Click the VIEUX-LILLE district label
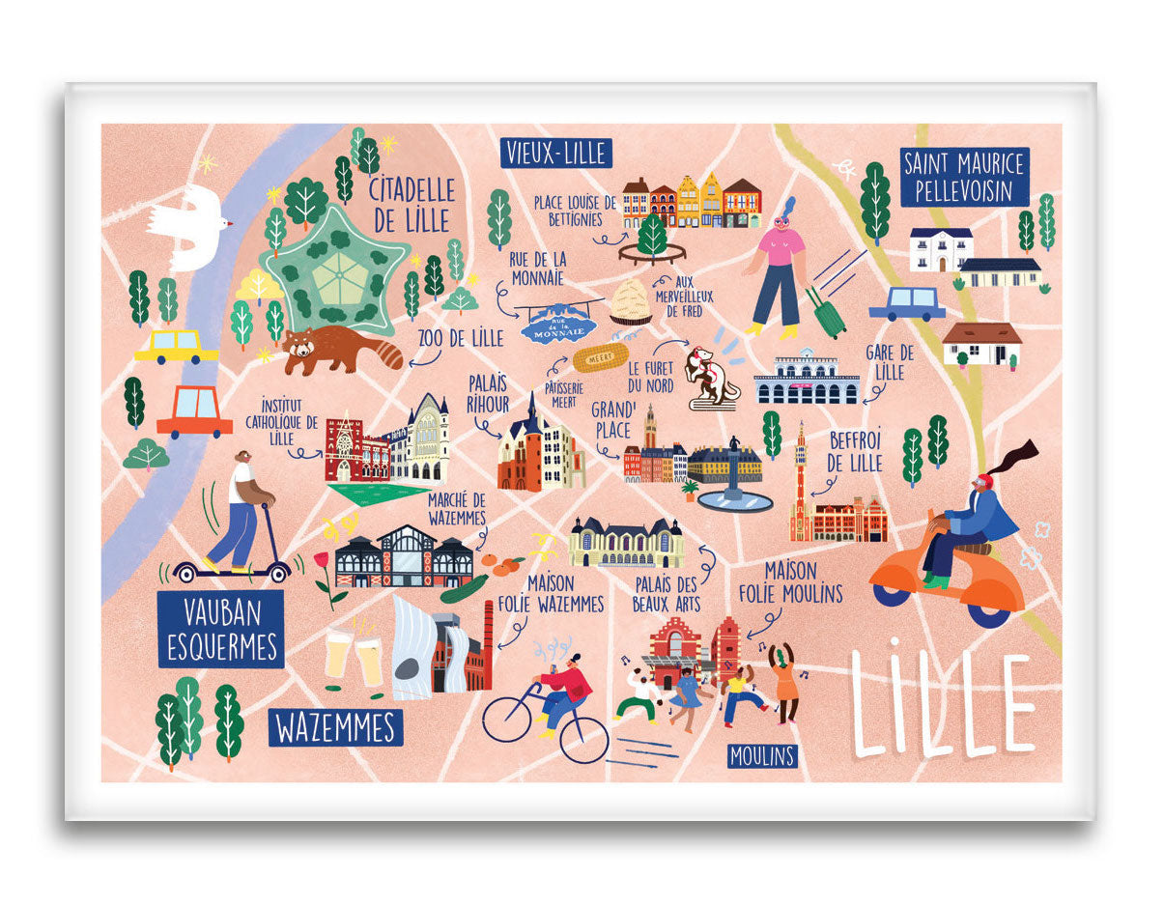point(556,153)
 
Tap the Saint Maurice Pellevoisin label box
point(965,177)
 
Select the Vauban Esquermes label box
point(221,629)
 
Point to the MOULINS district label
point(762,755)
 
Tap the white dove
point(191,227)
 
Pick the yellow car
point(176,346)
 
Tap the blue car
point(906,303)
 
